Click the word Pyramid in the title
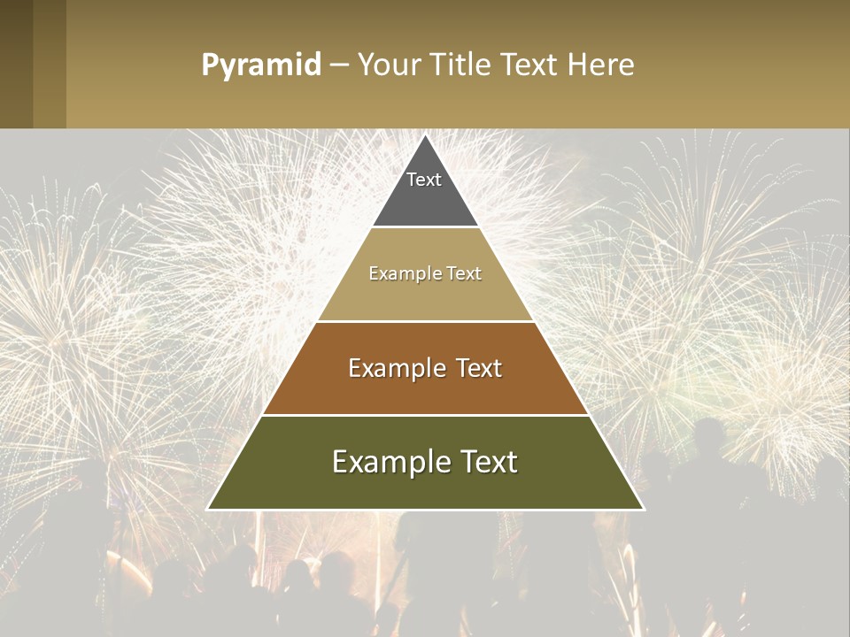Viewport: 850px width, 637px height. click(260, 65)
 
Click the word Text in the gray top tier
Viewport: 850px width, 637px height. click(424, 180)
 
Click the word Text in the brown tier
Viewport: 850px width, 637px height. click(478, 368)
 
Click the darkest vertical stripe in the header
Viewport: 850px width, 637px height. click(16, 64)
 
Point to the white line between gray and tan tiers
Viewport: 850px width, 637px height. click(425, 226)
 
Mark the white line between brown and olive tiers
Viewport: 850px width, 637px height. click(425, 415)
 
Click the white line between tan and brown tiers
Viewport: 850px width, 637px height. click(425, 321)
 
